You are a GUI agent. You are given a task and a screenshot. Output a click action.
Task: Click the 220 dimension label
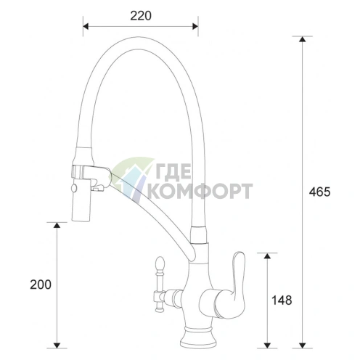(141, 16)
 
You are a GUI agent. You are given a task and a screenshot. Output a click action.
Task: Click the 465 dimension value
(319, 192)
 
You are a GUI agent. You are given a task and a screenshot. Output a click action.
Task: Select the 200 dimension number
(41, 285)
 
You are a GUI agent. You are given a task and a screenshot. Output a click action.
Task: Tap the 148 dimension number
(282, 300)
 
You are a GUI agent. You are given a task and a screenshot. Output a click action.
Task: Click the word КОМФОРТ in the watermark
(200, 191)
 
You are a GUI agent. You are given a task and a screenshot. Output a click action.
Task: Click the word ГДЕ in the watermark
(172, 171)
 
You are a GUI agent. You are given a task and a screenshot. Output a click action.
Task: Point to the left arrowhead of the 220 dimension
(86, 26)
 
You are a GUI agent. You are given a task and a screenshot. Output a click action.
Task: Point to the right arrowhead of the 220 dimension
(195, 26)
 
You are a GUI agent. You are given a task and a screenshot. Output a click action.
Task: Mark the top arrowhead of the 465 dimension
(302, 39)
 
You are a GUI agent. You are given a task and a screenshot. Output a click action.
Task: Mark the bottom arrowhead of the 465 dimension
(302, 345)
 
